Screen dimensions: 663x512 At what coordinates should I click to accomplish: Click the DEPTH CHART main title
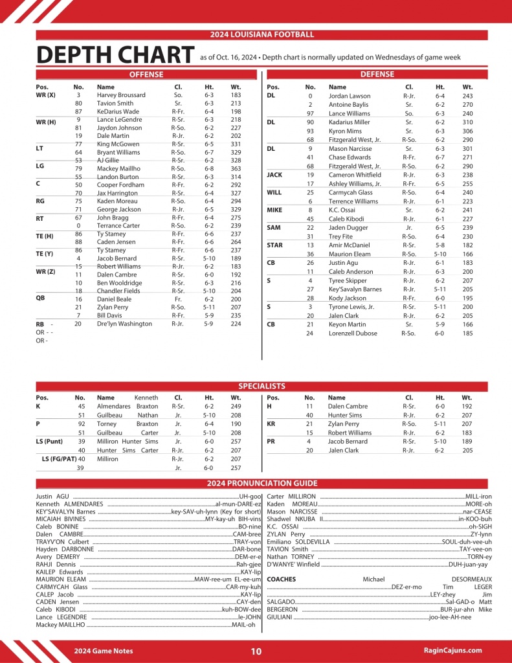115,56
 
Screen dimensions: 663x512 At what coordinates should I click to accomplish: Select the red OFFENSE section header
146,74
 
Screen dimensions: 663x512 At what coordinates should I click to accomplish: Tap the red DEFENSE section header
377,74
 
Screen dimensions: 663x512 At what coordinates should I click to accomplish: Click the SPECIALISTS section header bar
262,387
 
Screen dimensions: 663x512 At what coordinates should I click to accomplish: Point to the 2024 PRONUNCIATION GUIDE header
262,483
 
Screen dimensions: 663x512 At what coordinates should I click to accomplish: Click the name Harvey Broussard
121,95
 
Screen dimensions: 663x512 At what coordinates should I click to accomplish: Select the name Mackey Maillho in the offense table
118,168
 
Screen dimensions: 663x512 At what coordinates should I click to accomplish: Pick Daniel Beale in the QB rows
114,299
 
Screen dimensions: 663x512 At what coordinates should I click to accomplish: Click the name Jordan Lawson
349,96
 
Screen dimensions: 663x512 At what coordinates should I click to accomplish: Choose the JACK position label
274,175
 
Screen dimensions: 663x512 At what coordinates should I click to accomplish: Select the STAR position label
274,245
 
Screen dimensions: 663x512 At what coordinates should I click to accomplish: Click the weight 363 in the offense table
236,168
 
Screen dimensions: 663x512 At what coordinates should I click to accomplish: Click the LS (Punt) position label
49,441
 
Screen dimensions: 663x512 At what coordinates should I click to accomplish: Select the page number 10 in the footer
256,651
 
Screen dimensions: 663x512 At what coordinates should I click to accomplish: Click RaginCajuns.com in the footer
452,650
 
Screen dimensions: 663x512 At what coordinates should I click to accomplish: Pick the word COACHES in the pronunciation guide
282,579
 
